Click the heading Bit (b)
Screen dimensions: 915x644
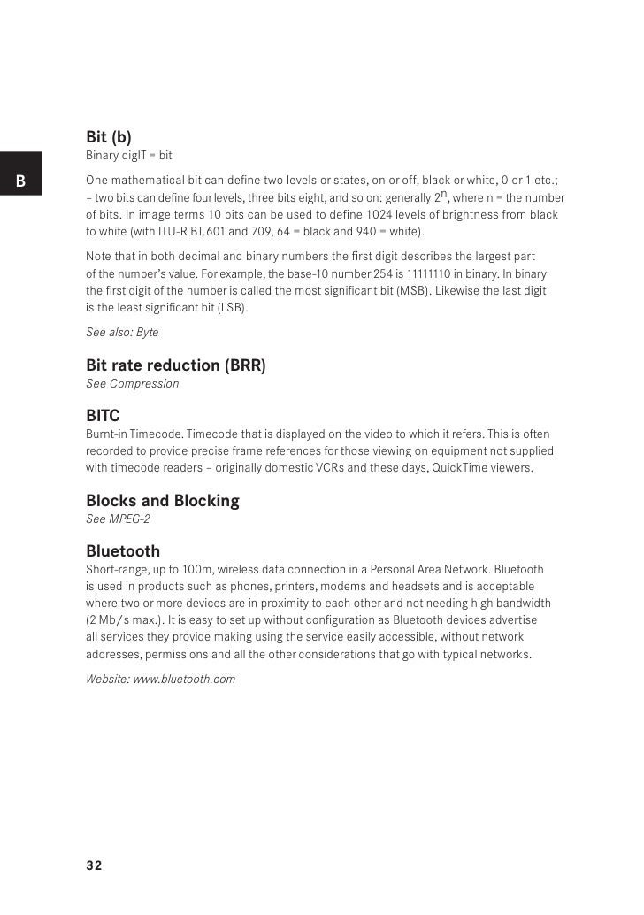[109, 137]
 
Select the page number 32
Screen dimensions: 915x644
[94, 865]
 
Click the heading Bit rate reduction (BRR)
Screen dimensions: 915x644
[175, 365]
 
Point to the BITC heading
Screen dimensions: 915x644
[103, 415]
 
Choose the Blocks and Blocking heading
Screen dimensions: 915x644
[163, 501]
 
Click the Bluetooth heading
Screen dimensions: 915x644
[123, 551]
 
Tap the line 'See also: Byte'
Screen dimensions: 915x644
[122, 332]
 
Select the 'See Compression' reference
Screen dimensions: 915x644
[132, 383]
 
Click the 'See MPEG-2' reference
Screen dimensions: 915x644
[118, 519]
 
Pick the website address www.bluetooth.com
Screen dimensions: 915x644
[184, 680]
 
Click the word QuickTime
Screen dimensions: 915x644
[462, 466]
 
